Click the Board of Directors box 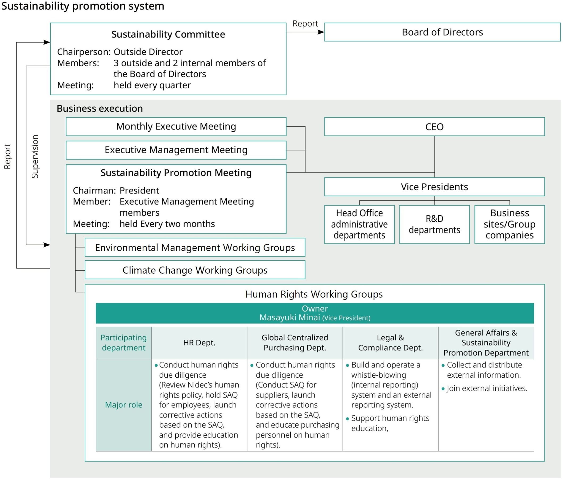pyautogui.click(x=442, y=32)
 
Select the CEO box pyautogui.click(x=434, y=127)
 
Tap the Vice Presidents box pyautogui.click(x=434, y=187)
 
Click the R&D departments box pyautogui.click(x=434, y=224)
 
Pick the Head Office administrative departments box pyautogui.click(x=359, y=224)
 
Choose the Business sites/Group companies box pyautogui.click(x=509, y=224)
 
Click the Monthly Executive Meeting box pyautogui.click(x=176, y=127)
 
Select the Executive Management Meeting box pyautogui.click(x=176, y=150)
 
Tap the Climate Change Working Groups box pyautogui.click(x=195, y=270)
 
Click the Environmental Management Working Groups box pyautogui.click(x=195, y=247)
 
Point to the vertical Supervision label pyautogui.click(x=35, y=156)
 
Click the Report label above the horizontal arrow pyautogui.click(x=305, y=24)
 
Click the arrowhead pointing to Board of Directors pyautogui.click(x=321, y=32)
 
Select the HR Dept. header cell pyautogui.click(x=199, y=343)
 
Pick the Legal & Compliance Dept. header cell pyautogui.click(x=390, y=343)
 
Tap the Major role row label pyautogui.click(x=123, y=405)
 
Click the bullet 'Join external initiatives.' pyautogui.click(x=487, y=388)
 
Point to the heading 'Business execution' pyautogui.click(x=100, y=108)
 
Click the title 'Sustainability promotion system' pyautogui.click(x=82, y=6)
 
